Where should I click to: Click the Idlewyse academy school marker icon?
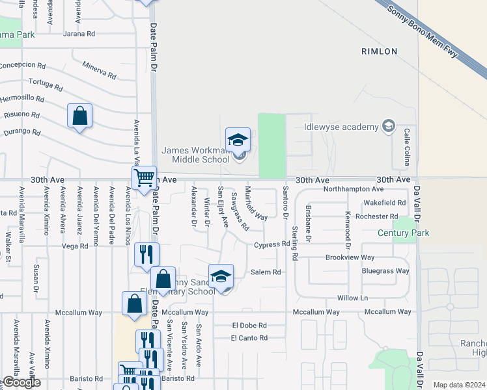coord(389,125)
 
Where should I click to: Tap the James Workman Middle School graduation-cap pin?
coord(238,140)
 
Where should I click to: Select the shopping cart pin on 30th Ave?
coord(143,177)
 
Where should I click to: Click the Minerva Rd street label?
coord(99,70)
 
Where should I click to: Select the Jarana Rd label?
coord(79,34)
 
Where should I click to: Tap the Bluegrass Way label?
coord(385,271)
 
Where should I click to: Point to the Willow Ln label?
coord(353,298)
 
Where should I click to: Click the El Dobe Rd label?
coord(249,325)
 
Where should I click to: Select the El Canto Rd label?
coord(249,338)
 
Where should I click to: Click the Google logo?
coord(21,382)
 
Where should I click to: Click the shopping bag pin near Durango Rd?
coord(79,116)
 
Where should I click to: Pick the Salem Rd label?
coord(266,272)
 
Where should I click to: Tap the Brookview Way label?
coord(350,257)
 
